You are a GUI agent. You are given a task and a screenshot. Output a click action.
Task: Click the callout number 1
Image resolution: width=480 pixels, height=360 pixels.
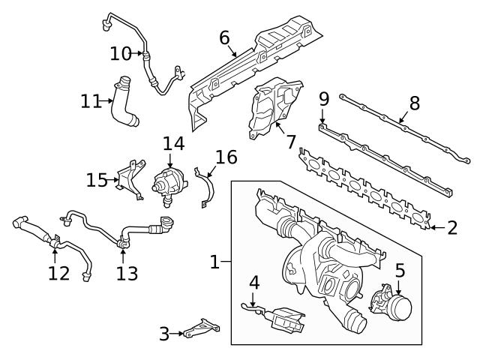click(214, 262)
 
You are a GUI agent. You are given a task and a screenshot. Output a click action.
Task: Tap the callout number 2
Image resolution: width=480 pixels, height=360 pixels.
click(451, 227)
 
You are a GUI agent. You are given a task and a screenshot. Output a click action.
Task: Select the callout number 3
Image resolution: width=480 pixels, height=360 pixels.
click(164, 334)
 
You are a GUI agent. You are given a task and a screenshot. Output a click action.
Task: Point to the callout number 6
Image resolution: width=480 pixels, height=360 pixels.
click(224, 37)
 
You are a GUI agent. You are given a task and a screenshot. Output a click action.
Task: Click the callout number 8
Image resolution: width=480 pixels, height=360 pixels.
click(414, 103)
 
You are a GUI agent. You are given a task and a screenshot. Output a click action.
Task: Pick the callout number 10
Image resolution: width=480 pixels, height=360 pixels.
click(120, 53)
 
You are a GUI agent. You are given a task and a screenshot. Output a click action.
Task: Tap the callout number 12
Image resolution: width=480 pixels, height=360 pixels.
click(58, 273)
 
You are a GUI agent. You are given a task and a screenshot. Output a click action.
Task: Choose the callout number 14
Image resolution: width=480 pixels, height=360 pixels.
click(173, 142)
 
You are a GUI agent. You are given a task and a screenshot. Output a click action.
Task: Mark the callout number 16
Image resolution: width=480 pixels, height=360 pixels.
click(226, 157)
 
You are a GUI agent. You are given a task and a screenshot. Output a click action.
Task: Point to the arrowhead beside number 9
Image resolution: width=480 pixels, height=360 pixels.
click(322, 123)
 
